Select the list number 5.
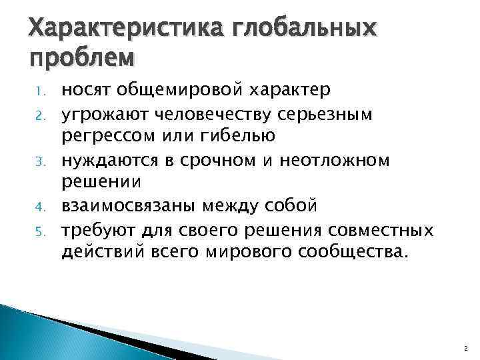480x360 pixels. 39,230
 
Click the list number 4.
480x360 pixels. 39,207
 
